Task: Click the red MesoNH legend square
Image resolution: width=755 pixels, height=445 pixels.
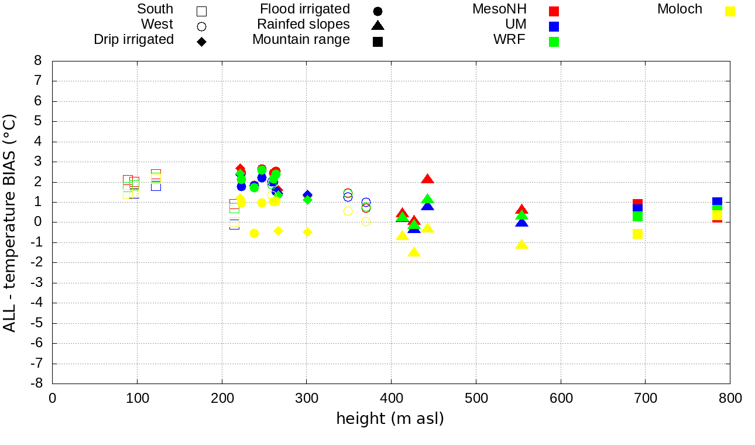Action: point(554,11)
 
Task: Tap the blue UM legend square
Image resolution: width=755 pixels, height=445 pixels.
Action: point(554,26)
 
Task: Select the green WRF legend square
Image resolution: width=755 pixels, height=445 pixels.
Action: point(554,42)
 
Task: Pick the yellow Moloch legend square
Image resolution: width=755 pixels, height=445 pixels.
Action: point(730,11)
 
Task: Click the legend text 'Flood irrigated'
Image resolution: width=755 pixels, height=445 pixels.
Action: point(305,9)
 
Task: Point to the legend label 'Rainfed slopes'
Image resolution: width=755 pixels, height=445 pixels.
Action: point(303,25)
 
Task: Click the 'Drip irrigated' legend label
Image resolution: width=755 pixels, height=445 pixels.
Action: point(133,40)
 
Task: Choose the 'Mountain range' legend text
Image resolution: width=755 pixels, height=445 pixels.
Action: point(301,40)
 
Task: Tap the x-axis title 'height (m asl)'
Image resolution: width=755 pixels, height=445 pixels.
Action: point(390,419)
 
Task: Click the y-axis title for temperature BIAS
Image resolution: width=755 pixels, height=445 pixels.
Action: point(10,222)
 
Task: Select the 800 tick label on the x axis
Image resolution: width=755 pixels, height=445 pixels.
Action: point(729,399)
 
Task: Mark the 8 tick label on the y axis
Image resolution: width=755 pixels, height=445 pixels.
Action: point(39,61)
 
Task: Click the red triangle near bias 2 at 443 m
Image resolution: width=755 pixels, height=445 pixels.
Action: point(428,179)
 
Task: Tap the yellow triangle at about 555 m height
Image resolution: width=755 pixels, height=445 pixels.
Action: point(521,244)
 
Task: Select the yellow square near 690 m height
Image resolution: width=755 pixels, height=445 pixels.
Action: point(637,234)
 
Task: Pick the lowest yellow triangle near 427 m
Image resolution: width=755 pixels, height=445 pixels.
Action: point(414,252)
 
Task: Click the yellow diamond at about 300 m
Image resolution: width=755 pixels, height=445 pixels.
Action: point(307,232)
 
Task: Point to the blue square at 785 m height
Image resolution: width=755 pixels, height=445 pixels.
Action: point(717,202)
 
